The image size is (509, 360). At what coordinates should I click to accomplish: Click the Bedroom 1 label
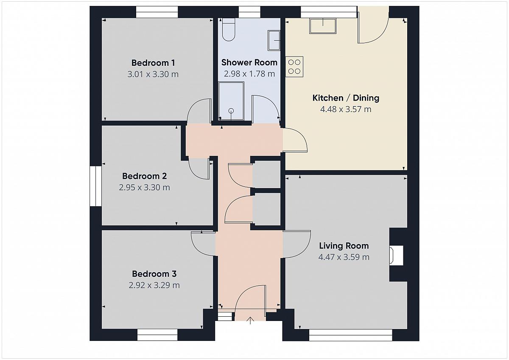click(153, 63)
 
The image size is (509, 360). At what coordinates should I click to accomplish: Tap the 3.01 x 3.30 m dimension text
click(153, 74)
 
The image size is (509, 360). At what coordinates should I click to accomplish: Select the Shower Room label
click(249, 62)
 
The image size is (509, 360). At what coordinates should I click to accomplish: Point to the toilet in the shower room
click(229, 30)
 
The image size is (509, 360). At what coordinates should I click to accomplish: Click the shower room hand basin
click(274, 40)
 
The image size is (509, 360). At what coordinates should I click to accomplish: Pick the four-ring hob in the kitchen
click(294, 67)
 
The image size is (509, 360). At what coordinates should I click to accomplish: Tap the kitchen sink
click(323, 26)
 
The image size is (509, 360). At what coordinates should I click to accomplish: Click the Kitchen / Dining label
click(346, 98)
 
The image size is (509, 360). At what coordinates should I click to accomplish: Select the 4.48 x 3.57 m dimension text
click(346, 109)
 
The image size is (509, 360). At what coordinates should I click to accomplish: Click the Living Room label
click(344, 246)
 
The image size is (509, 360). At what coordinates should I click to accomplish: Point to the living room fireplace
click(396, 255)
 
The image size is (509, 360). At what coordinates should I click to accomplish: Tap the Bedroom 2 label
click(145, 176)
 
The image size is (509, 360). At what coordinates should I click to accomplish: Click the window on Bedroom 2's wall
click(95, 186)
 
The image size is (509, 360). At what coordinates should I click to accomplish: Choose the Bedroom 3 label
click(154, 274)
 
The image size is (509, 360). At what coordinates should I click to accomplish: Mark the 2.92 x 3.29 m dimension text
click(154, 285)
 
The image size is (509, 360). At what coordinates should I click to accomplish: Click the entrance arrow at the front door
click(250, 321)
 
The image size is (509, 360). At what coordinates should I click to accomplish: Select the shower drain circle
click(231, 111)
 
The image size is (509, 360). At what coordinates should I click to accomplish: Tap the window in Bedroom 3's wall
click(157, 335)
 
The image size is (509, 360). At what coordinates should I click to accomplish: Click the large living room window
click(351, 335)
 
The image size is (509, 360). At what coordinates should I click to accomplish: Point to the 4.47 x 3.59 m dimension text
click(344, 257)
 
